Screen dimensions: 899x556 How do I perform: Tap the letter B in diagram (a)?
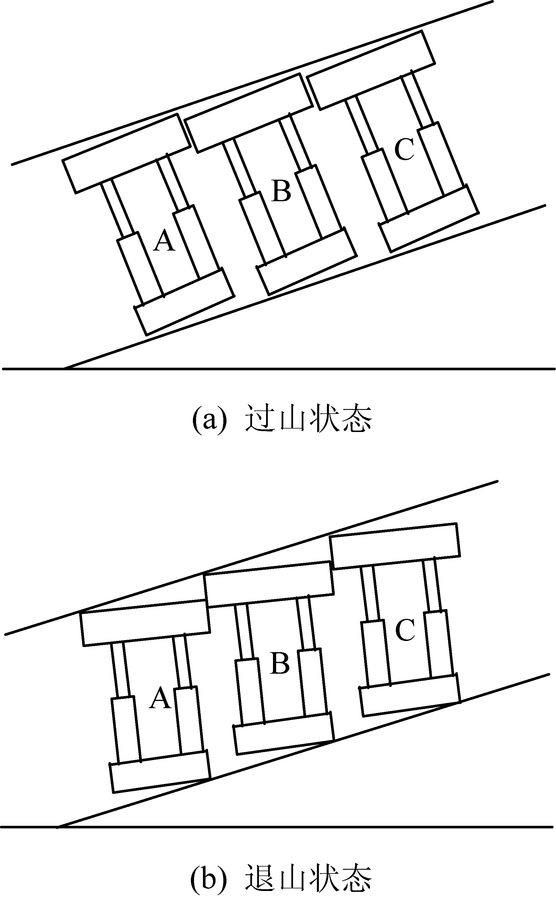[x=281, y=191]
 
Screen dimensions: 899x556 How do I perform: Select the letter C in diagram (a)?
[x=404, y=150]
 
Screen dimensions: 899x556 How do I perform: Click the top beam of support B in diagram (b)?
[x=269, y=584]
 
